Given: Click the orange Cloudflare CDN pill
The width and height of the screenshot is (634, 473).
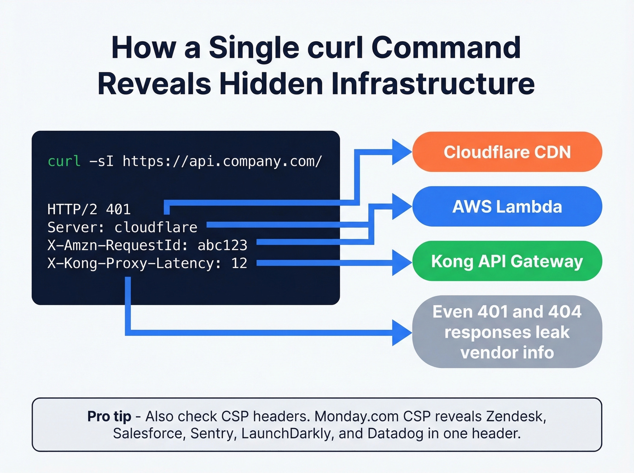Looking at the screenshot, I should (x=507, y=152).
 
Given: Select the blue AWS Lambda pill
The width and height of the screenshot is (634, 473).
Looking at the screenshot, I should (x=507, y=207).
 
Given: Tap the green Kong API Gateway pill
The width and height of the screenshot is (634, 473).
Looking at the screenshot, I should (x=507, y=261).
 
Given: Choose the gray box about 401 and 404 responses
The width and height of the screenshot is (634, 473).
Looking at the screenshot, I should (x=507, y=332).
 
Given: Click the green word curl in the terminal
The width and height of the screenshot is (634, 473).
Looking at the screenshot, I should (x=64, y=161).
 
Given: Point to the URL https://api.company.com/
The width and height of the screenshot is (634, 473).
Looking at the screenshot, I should (x=222, y=161).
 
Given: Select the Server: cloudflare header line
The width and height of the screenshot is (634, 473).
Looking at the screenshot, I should (x=122, y=227).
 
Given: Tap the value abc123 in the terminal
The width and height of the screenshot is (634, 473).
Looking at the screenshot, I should (x=222, y=245).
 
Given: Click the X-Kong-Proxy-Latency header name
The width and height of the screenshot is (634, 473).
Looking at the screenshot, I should (x=130, y=263).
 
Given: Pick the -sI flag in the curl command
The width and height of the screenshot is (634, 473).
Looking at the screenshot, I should (x=101, y=161).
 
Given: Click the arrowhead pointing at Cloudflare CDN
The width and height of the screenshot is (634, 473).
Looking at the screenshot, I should (x=401, y=152).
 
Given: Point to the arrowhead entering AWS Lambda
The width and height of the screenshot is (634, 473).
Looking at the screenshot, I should (x=401, y=207).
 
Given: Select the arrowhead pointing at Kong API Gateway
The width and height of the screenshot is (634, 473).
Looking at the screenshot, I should (x=401, y=262).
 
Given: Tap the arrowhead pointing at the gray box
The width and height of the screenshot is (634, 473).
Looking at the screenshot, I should (x=401, y=333).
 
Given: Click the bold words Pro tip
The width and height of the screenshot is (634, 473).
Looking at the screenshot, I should (x=109, y=416).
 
